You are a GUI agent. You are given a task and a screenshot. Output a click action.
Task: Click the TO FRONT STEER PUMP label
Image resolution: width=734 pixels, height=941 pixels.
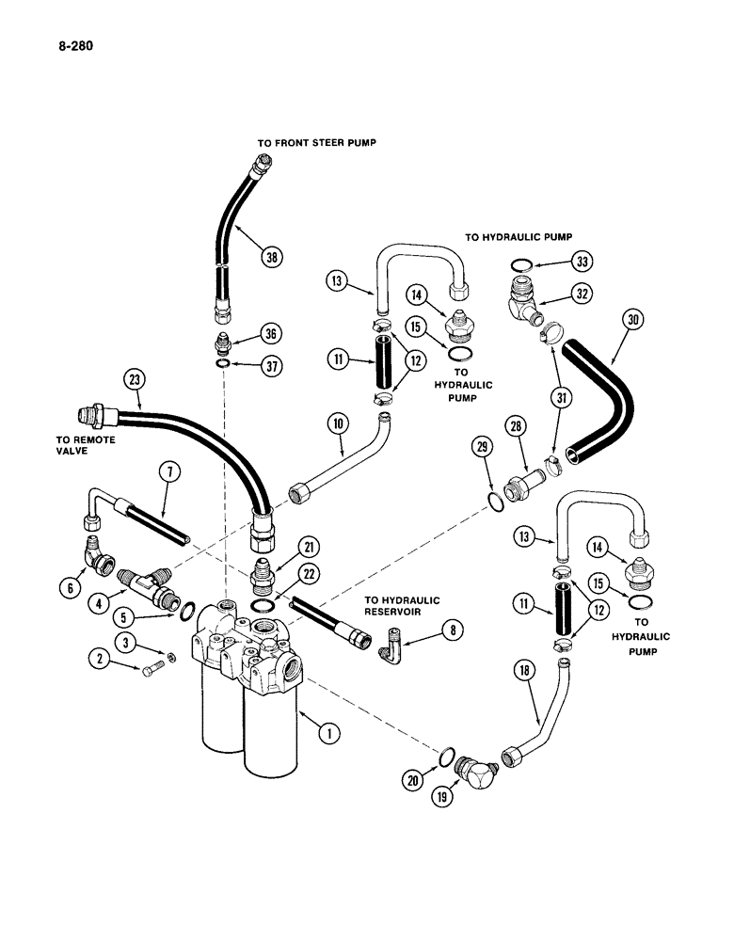(310, 144)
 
